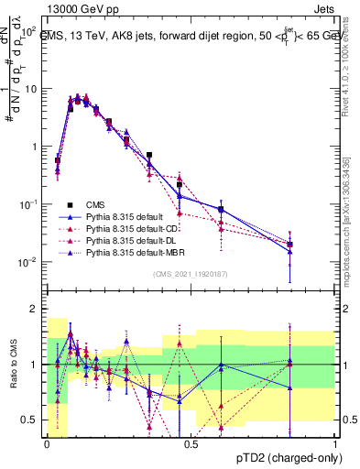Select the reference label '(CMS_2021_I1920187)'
[191, 273]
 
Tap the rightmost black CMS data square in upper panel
[289, 245]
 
